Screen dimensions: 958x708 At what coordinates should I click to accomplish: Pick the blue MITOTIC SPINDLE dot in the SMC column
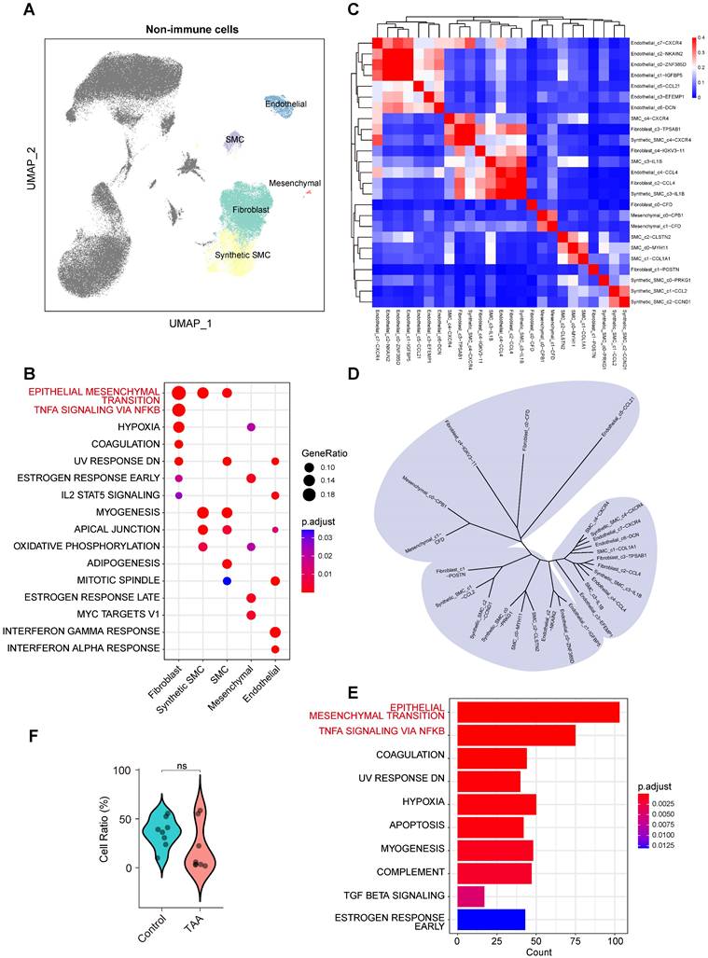point(227,580)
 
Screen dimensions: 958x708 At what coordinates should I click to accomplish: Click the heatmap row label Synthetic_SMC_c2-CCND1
point(661,301)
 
